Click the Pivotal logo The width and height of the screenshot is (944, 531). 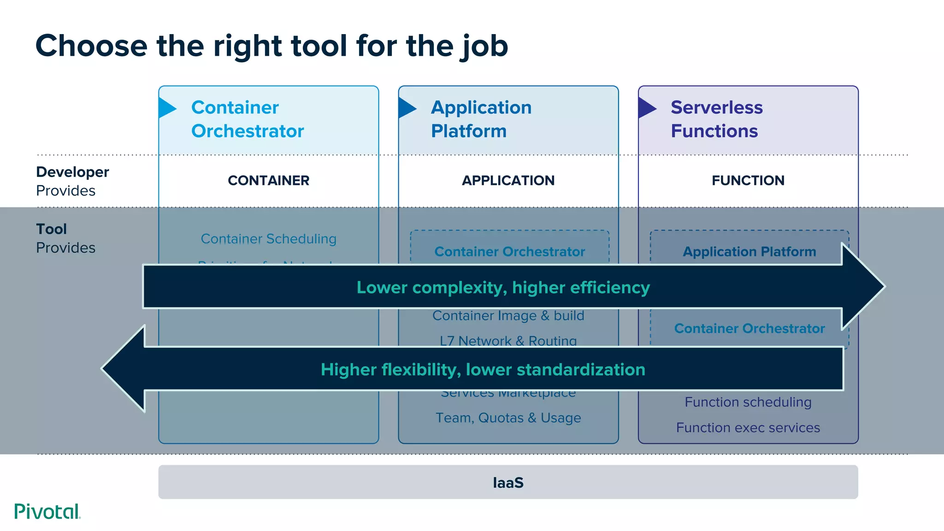coord(47,512)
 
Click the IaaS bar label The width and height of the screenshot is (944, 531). coord(508,483)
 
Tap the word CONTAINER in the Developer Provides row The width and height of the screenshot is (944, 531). coord(268,180)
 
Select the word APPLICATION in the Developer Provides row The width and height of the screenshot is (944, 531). coord(508,180)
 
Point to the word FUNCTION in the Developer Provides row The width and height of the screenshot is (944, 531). coord(748,180)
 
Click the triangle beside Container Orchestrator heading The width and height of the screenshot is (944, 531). coord(167,108)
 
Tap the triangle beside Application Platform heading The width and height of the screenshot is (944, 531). coord(407,108)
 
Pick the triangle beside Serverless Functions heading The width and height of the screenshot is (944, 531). coord(646,108)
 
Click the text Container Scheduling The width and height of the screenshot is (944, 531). coord(268,239)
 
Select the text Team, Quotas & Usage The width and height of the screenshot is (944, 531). coord(508,418)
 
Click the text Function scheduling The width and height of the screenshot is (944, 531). coord(748,402)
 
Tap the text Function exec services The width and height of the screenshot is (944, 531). coord(748,428)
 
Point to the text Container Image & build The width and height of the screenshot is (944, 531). coord(508,316)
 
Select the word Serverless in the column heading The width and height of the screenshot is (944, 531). coord(716,107)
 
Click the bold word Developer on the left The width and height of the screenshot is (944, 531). coord(72,172)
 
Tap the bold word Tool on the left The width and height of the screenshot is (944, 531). coord(51,229)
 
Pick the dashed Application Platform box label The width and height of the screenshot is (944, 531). coord(749,252)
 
